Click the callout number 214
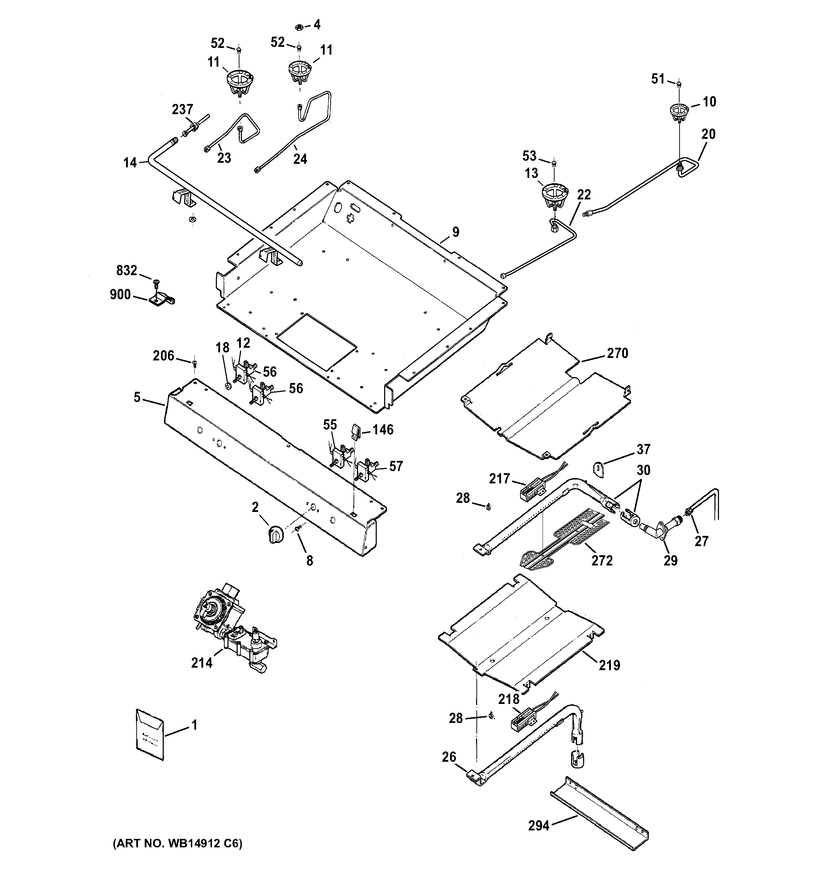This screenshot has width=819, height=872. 202,662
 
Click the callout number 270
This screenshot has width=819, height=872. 617,353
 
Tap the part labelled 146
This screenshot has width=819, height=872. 355,431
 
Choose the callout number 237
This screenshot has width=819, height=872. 182,109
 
